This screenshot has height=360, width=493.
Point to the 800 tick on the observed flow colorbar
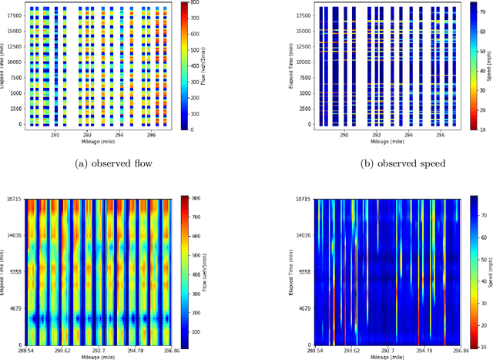click(197, 4)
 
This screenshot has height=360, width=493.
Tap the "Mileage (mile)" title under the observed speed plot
click(386, 142)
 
